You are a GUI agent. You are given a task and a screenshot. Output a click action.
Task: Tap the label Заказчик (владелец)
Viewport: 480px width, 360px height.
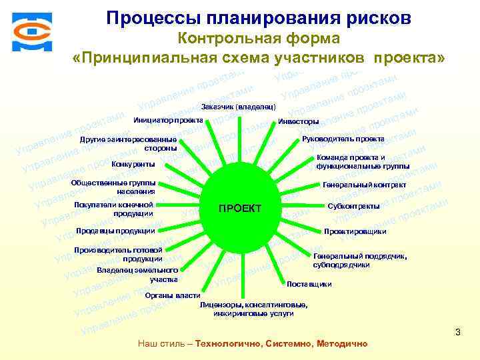(239, 107)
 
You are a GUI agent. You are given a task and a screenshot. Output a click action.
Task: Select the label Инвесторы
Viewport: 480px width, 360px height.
(298, 121)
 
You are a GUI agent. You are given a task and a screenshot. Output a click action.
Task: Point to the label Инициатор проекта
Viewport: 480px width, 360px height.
(168, 120)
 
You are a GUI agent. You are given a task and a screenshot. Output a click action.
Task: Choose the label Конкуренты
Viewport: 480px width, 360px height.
(133, 164)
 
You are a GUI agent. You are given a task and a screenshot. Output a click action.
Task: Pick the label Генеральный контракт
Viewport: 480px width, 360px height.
(364, 185)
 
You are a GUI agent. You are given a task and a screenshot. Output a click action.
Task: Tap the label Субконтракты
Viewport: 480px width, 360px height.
(353, 206)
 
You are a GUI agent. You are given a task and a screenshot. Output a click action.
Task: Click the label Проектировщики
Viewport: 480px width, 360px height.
(355, 231)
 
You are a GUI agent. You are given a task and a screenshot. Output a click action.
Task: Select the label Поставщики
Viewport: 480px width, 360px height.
(309, 284)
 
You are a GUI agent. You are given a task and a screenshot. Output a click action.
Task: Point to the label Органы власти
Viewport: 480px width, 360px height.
(173, 295)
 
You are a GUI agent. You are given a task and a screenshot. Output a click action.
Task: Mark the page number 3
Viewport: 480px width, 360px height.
(457, 331)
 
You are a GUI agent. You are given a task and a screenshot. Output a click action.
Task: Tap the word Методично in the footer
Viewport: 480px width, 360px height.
(343, 343)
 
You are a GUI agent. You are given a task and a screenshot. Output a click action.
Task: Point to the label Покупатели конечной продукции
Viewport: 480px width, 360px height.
(114, 209)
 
